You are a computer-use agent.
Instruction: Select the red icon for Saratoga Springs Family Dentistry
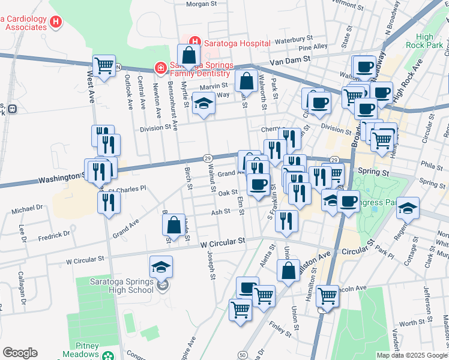pos(160,68)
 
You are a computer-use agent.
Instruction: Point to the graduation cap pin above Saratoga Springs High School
pos(161,266)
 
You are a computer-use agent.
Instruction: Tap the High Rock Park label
pos(424,41)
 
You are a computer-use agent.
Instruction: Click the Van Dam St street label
pos(289,59)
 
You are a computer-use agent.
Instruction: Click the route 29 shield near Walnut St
pos(208,157)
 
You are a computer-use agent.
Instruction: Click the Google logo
pos(20,353)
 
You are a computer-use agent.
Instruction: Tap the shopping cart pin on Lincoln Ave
pos(328,295)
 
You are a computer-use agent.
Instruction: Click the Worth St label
pos(411,323)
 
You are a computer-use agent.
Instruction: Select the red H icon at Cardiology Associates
pos(56,23)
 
